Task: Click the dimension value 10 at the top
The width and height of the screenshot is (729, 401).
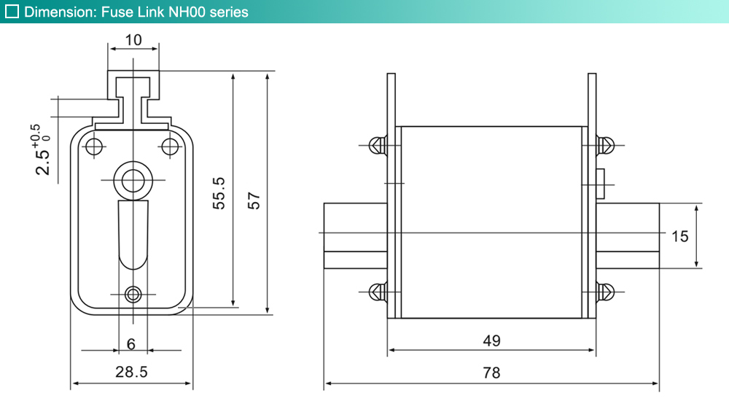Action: [133, 40]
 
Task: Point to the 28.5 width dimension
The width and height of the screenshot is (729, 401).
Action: [131, 372]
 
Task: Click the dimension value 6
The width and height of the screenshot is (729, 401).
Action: [131, 343]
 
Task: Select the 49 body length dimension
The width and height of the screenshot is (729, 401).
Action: [491, 340]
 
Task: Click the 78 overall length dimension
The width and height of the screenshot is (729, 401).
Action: [491, 373]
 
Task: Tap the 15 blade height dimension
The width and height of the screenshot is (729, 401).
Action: [679, 235]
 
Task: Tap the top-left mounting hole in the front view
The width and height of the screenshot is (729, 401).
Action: [94, 147]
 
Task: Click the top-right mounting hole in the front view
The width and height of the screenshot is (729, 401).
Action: [170, 147]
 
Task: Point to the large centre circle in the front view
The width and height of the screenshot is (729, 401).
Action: [133, 179]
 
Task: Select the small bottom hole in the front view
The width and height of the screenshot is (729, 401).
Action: [133, 294]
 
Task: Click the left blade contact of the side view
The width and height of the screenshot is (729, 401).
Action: [355, 235]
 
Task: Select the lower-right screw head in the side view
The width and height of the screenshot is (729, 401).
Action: [605, 292]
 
